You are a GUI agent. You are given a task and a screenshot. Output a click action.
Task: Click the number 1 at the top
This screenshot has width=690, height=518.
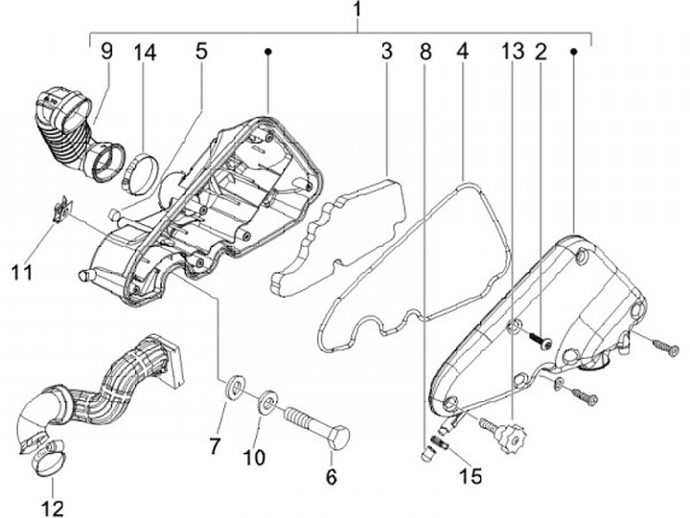[x=356, y=12]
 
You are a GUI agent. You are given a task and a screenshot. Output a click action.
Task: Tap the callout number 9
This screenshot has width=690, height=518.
[x=106, y=51]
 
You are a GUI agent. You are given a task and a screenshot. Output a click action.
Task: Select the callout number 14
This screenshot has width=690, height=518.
[x=145, y=51]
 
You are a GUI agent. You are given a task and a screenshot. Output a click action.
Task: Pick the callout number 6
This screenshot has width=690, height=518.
[x=332, y=476]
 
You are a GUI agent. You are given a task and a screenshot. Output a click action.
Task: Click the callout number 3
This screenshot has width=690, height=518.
[x=385, y=51]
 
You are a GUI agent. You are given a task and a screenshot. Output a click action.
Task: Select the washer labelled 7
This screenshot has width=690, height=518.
[x=233, y=390]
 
